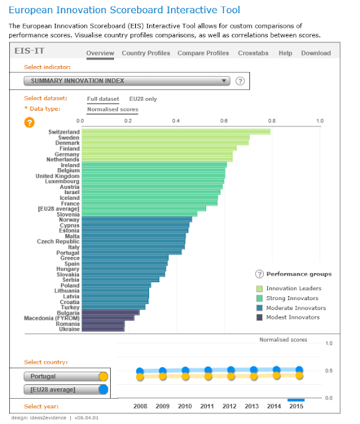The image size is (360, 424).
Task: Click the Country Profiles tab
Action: tap(146, 53)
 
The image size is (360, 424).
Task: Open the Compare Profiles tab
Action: tap(204, 53)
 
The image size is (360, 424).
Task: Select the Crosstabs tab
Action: tap(253, 53)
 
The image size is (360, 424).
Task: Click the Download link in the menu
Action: tap(316, 53)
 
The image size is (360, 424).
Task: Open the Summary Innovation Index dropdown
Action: tap(127, 81)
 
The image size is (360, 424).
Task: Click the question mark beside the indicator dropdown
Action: tap(240, 81)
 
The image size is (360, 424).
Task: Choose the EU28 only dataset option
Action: tap(143, 99)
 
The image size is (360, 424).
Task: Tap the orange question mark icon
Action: tap(29, 122)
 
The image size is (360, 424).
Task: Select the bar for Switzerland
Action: tap(175, 132)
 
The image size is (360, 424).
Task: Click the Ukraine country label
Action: tap(69, 329)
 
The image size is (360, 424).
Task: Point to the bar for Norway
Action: tap(136, 219)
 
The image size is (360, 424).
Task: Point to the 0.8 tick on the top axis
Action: tap(272, 121)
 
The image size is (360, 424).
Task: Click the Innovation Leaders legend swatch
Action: tap(260, 288)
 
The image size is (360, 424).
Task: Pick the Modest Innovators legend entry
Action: tap(292, 317)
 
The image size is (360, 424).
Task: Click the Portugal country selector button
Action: tap(58, 376)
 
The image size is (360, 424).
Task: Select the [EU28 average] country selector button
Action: tap(58, 390)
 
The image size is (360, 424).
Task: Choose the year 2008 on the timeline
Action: tap(139, 406)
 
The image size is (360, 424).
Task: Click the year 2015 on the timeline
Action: tap(296, 406)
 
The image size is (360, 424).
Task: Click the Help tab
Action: tap(285, 53)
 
